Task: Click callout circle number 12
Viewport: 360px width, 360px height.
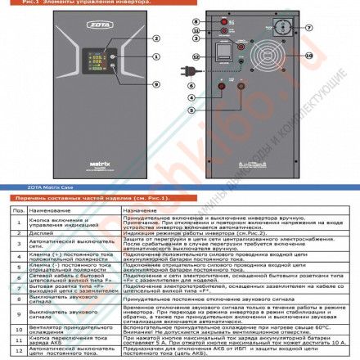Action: coord(196,56)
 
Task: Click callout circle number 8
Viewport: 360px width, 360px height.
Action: coord(196,20)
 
